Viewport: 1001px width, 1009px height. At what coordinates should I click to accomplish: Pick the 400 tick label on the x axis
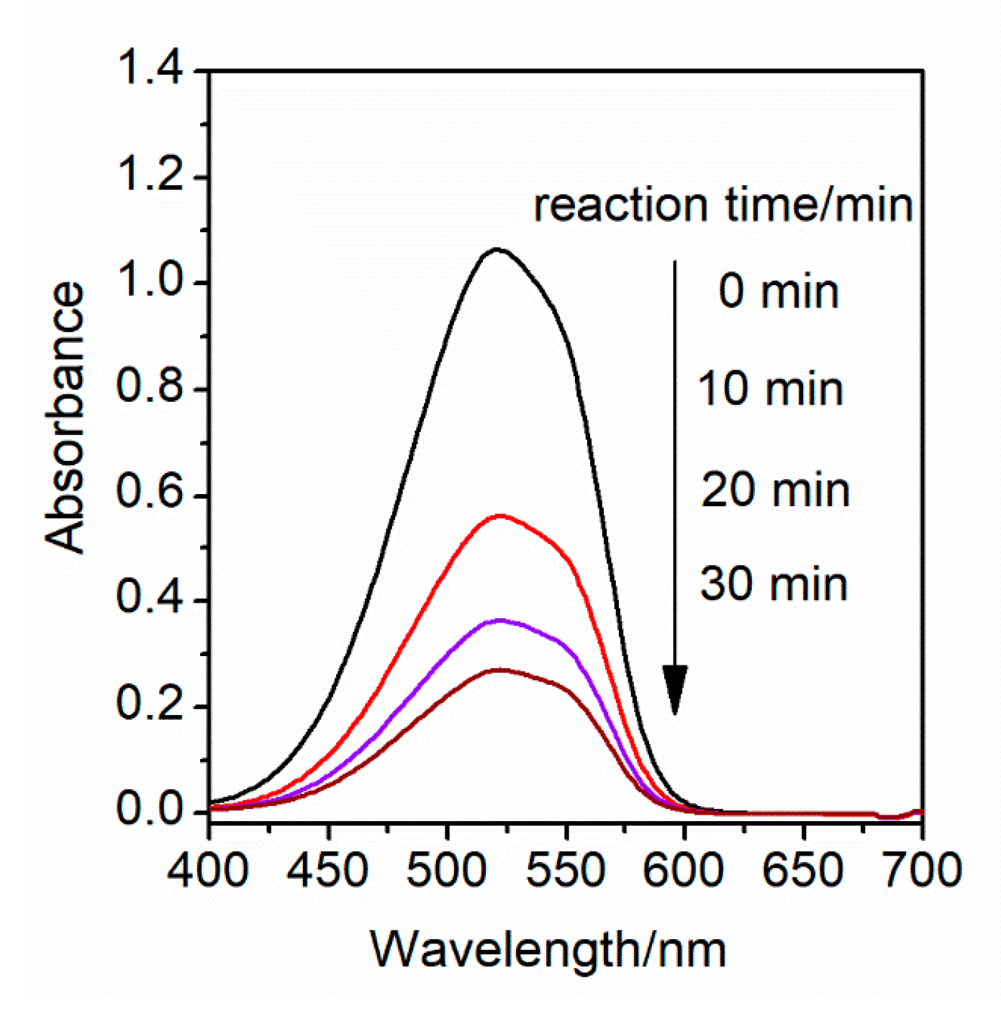(x=209, y=869)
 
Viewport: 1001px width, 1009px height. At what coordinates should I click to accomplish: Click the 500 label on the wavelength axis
(x=447, y=869)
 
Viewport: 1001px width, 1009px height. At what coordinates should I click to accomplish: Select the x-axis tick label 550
(x=566, y=869)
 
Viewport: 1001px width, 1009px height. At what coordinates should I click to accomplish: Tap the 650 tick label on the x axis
(x=803, y=869)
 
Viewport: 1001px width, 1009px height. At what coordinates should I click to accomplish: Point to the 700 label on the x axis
(x=922, y=869)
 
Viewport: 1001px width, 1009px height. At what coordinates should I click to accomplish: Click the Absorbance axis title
(x=65, y=418)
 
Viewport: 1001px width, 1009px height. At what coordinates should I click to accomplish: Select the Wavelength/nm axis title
(x=548, y=950)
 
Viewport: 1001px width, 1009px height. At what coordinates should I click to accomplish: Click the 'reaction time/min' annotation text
(x=723, y=205)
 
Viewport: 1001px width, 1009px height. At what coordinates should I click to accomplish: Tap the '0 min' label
(x=779, y=292)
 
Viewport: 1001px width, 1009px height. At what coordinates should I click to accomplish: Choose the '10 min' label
(x=771, y=390)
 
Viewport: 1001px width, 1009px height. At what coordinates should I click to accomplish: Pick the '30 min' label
(x=774, y=584)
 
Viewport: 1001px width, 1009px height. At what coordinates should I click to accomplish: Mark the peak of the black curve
(x=497, y=249)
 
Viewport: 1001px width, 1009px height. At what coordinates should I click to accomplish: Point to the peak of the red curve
(x=500, y=516)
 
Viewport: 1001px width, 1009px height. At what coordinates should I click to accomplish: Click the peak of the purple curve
(x=500, y=620)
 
